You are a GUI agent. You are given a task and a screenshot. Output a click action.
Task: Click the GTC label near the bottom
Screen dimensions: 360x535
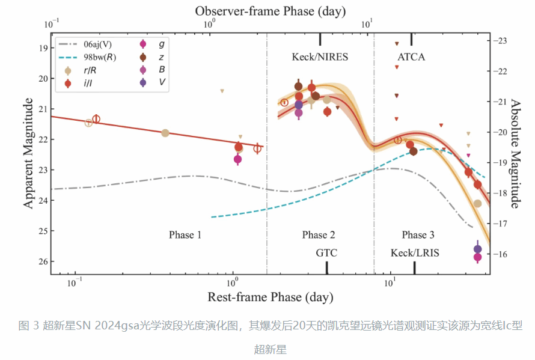pyautogui.click(x=326, y=253)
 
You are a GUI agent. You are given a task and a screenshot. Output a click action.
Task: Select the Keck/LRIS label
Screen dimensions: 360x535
pyautogui.click(x=415, y=253)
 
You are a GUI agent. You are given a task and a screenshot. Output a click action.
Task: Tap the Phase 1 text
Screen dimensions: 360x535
pyautogui.click(x=185, y=235)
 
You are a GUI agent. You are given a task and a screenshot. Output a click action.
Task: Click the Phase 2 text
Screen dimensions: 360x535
pyautogui.click(x=319, y=235)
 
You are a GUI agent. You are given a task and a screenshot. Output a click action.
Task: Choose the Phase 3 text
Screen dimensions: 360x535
pyautogui.click(x=418, y=235)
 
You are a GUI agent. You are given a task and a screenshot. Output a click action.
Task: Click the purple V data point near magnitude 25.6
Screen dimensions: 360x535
pyautogui.click(x=477, y=249)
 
